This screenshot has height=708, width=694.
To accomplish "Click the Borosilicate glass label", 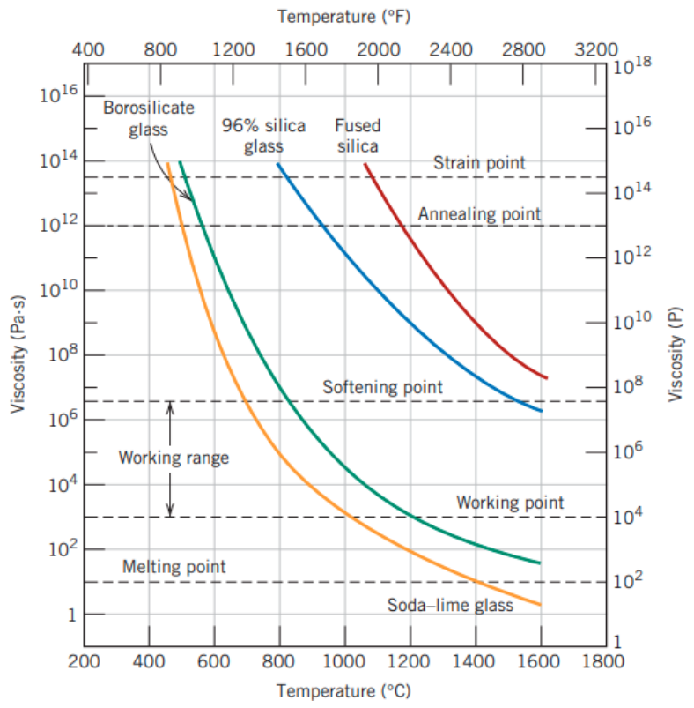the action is [x=149, y=119].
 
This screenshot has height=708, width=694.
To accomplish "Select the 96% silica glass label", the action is [x=264, y=136].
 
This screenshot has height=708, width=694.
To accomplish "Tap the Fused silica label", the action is [x=358, y=136].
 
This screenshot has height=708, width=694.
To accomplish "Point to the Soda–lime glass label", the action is [x=450, y=605].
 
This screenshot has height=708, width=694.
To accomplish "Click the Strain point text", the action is [x=479, y=162].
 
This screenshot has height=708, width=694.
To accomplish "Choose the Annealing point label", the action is [x=479, y=214].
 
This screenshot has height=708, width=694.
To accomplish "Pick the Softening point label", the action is [x=382, y=387].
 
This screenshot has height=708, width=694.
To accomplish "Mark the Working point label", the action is [x=510, y=503].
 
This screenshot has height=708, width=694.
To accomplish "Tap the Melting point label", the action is [x=174, y=567].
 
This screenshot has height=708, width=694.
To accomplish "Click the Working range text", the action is [x=173, y=458].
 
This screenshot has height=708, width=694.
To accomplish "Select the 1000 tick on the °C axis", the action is [x=344, y=662].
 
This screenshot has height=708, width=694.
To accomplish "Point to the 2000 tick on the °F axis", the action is [x=379, y=49].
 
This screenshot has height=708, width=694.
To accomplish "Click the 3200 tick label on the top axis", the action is [x=596, y=49].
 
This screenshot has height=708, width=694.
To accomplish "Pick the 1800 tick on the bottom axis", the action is [x=603, y=662].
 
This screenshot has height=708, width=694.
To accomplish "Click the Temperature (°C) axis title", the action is [x=343, y=691].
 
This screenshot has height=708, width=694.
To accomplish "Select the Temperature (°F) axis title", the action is [x=343, y=17].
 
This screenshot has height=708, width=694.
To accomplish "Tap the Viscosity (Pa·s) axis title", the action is [x=18, y=354].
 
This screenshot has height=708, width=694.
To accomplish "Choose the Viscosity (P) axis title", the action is [x=675, y=354].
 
